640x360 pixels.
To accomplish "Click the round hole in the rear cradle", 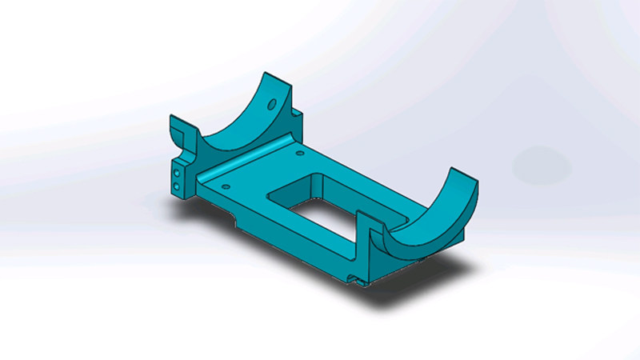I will click(273, 103).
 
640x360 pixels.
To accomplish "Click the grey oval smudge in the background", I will click(542, 166).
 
